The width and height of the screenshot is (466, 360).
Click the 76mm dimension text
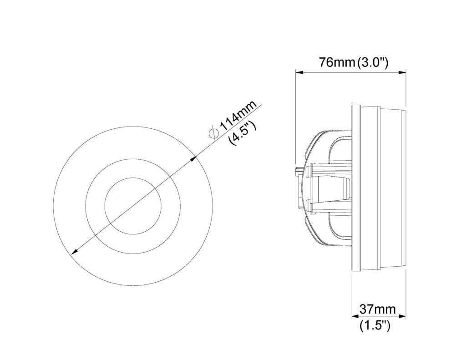pyautogui.click(x=337, y=63)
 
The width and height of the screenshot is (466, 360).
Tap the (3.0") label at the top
pyautogui.click(x=373, y=63)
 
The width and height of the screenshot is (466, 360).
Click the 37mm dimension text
pyautogui.click(x=378, y=309)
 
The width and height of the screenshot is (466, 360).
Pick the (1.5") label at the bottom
pyautogui.click(x=375, y=326)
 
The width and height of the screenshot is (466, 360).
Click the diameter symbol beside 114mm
pyautogui.click(x=213, y=133)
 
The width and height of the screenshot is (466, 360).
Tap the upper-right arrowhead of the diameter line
pyautogui.click(x=194, y=159)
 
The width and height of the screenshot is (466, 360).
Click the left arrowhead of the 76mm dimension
pyautogui.click(x=299, y=72)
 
